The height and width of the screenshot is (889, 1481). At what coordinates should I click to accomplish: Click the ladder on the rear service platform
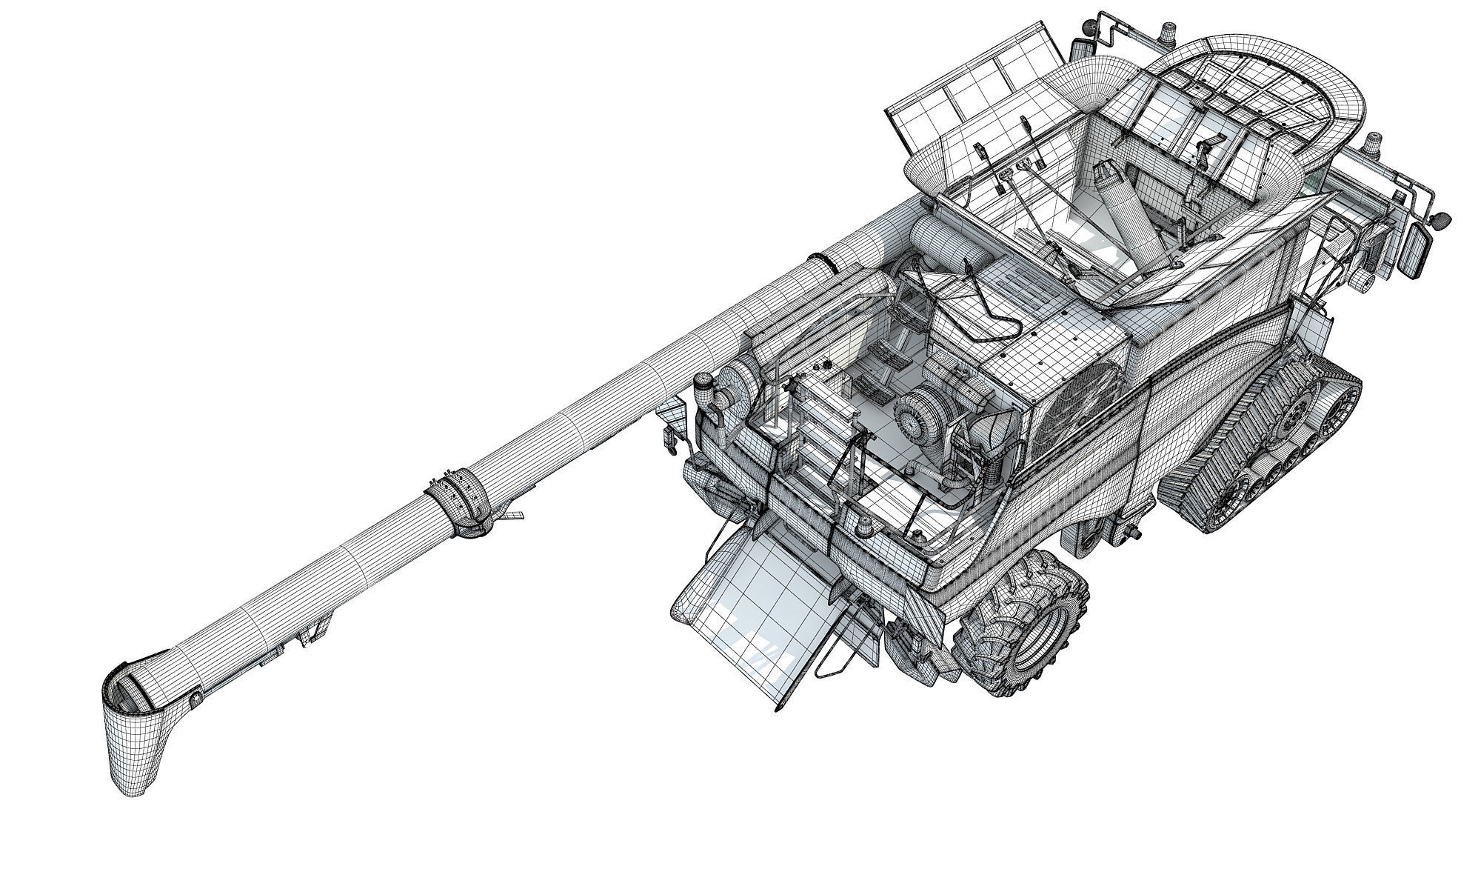click(815, 437)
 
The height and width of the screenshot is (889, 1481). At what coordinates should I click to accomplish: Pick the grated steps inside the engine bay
click(874, 370)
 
